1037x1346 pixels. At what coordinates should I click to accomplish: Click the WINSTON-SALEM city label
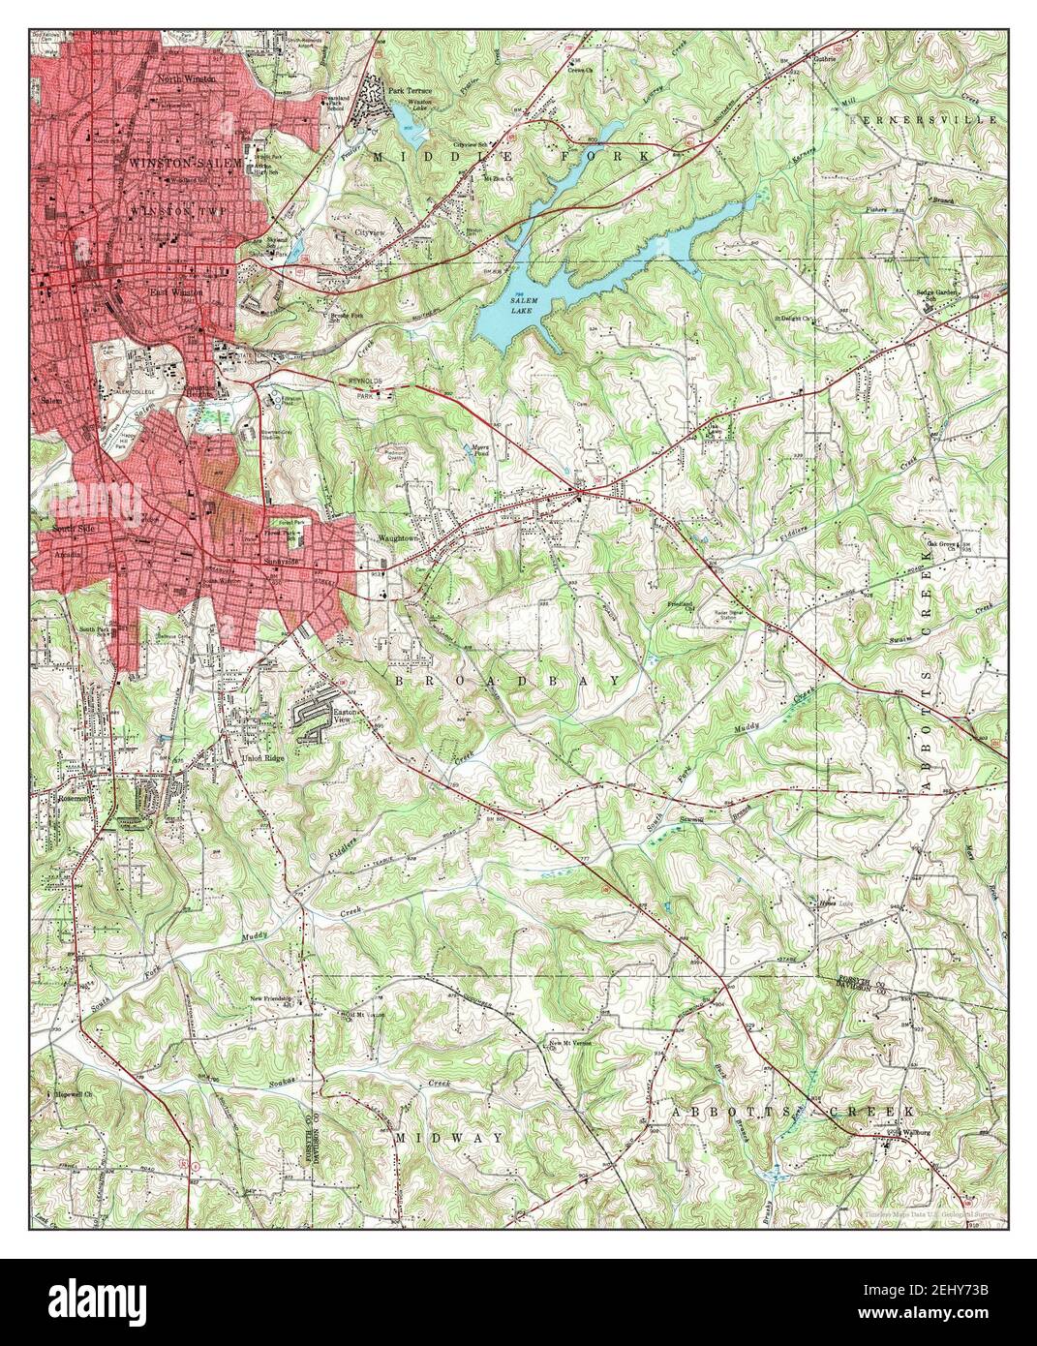pos(185,164)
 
